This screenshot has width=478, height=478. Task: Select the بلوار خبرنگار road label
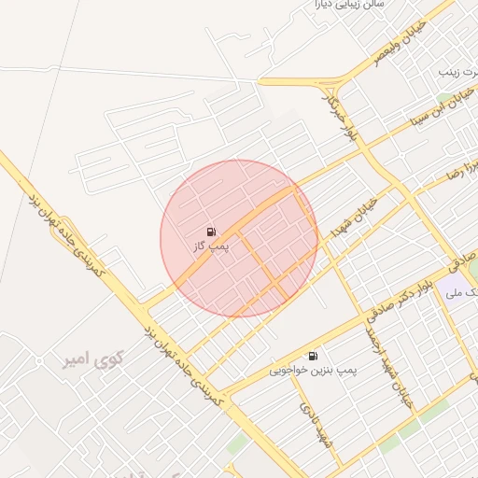pos(339,113)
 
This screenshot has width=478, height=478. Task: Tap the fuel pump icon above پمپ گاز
pos(211,231)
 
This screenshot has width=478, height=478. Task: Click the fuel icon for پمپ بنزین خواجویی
pos(312,356)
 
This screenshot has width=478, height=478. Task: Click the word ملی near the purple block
pos(454,292)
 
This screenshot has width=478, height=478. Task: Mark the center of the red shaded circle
pos(239,238)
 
